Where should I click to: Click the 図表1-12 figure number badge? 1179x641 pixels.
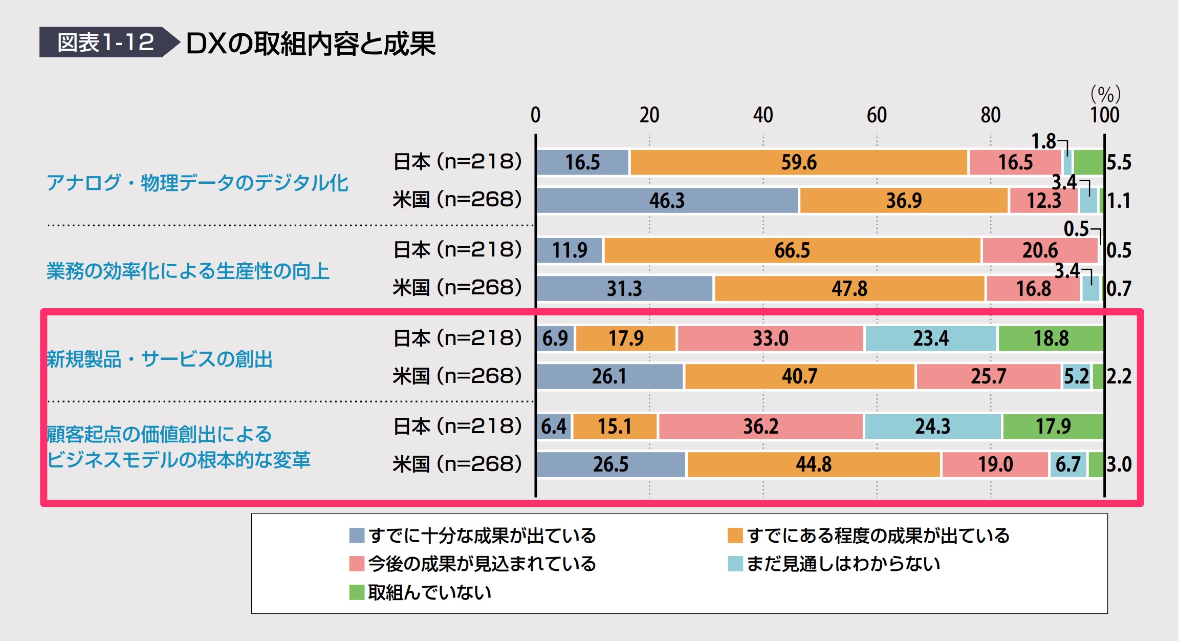click(105, 42)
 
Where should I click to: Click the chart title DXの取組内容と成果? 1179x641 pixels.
click(311, 44)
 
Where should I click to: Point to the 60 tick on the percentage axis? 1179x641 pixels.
click(877, 115)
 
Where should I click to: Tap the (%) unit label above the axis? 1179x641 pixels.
click(1105, 94)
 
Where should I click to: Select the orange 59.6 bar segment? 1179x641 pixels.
click(798, 162)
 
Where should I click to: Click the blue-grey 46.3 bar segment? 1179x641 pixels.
click(667, 200)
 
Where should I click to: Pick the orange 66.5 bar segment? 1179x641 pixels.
click(792, 250)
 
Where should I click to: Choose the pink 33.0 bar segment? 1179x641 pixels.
click(770, 338)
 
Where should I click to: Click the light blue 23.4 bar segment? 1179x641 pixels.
click(930, 338)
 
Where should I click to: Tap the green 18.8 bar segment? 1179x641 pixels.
click(1051, 338)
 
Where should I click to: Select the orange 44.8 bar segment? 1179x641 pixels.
click(813, 464)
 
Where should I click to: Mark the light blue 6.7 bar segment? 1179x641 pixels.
click(1068, 464)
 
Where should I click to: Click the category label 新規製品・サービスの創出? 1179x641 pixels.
click(160, 359)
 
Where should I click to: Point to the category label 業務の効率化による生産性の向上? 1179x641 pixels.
click(188, 271)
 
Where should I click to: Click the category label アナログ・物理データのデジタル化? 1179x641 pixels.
click(197, 183)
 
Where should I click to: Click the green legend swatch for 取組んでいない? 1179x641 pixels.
click(357, 592)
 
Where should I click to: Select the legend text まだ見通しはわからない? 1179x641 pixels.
click(843, 564)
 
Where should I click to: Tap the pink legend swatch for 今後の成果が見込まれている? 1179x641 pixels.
click(357, 564)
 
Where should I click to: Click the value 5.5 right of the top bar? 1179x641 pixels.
click(1119, 162)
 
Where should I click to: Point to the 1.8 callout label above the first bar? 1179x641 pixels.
click(1043, 141)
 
